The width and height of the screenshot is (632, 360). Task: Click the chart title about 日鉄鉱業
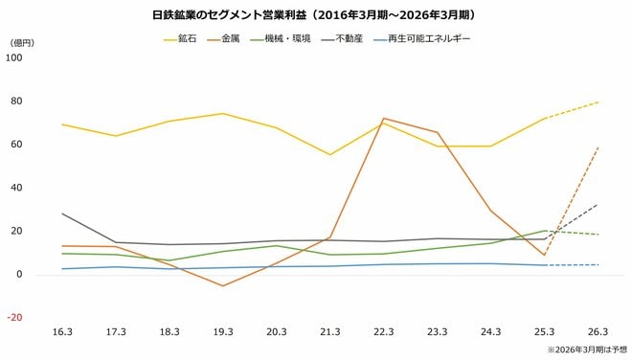[x=316, y=15]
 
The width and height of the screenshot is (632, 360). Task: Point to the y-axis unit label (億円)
[x=21, y=43]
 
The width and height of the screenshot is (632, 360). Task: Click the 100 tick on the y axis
[x=14, y=57]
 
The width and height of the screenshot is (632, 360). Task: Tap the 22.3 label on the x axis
[x=383, y=332]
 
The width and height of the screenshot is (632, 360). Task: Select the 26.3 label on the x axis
[x=598, y=332]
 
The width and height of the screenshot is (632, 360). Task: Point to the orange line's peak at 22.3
[x=383, y=119]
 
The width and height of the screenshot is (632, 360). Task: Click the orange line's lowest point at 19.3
[x=222, y=285]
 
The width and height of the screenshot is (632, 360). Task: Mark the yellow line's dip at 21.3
[x=329, y=155]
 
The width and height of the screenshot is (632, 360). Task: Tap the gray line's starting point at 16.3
[x=61, y=214]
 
